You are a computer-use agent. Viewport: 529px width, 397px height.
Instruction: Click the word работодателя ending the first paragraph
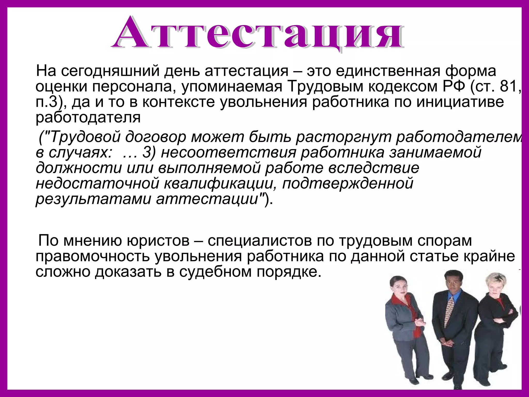88,118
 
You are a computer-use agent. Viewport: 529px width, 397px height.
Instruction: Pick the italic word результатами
93,199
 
